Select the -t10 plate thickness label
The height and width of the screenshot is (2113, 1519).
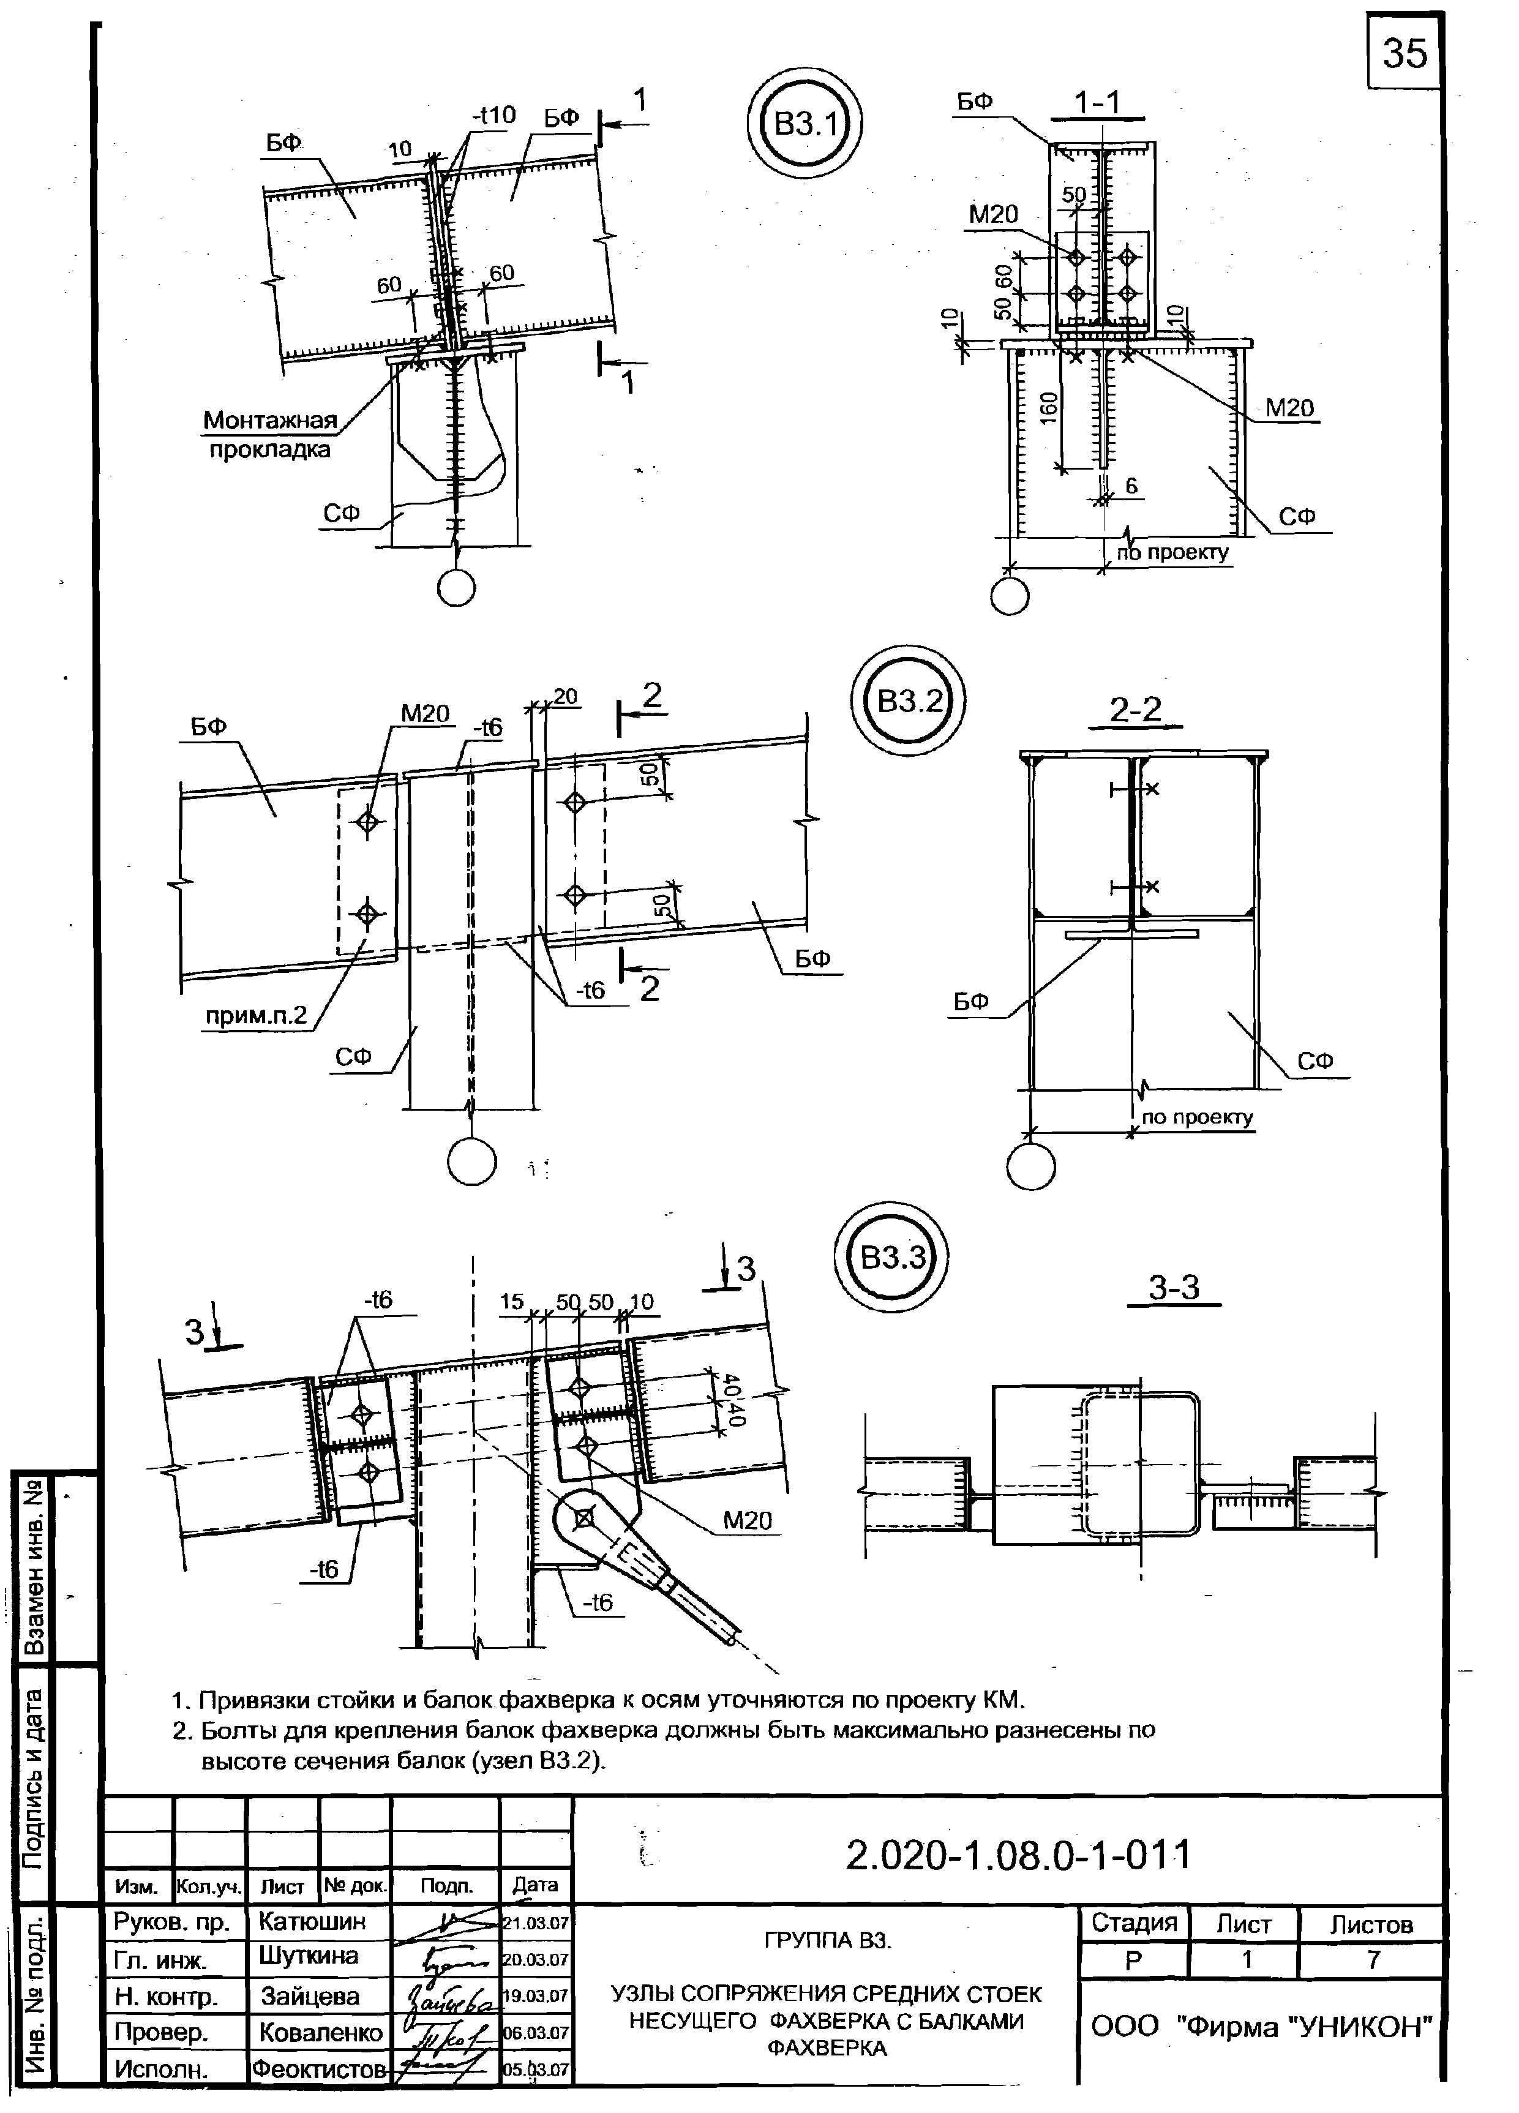coord(493,116)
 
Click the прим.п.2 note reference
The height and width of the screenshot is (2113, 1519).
coord(256,1016)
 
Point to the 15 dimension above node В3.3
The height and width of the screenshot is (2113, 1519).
coord(511,1302)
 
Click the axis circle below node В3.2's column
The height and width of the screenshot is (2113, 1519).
coord(472,1161)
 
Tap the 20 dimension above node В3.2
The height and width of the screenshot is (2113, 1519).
coord(565,696)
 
